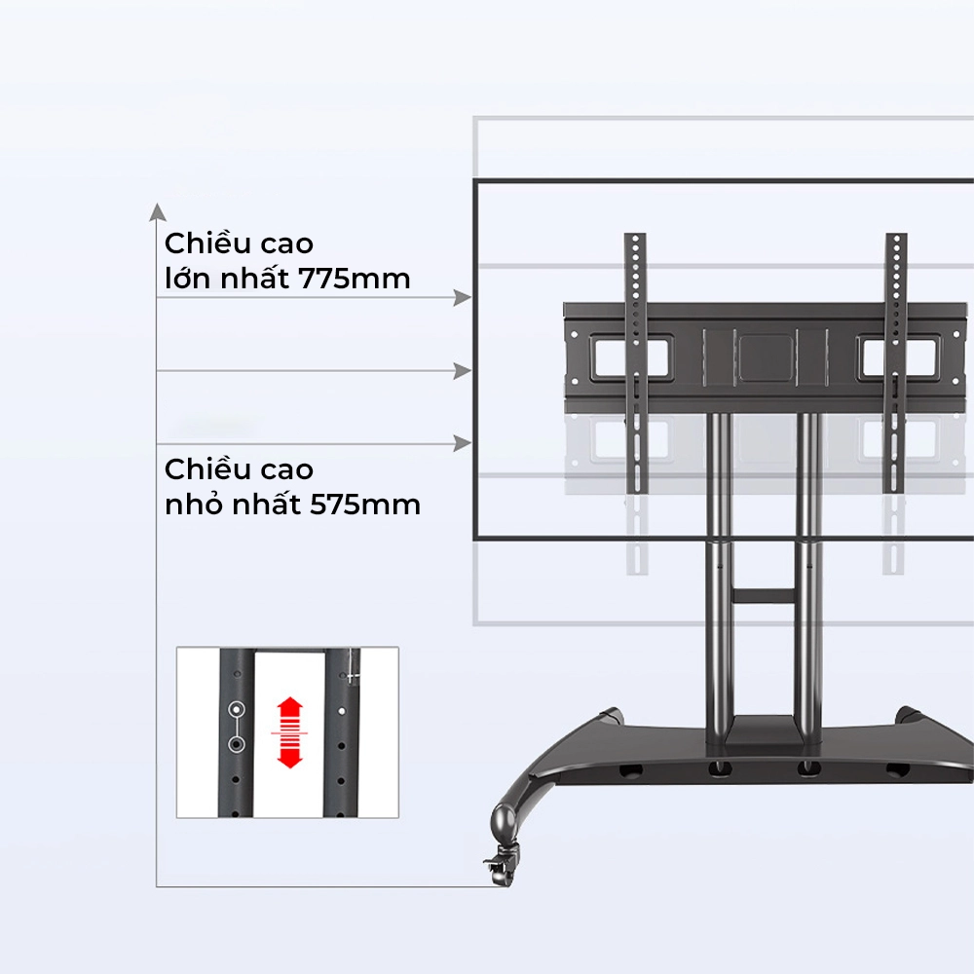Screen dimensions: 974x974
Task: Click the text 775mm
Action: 356,279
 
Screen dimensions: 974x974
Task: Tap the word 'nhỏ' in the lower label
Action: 196,506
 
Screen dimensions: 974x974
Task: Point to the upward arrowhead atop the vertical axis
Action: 156,210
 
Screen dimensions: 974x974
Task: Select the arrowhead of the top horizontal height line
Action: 463,298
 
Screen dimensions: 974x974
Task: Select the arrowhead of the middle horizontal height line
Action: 463,371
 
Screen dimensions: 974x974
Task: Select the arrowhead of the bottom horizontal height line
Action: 463,445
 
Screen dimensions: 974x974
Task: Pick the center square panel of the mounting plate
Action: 765,356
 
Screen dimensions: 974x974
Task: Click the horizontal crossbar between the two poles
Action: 765,592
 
